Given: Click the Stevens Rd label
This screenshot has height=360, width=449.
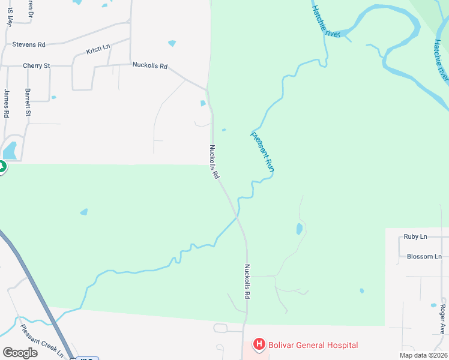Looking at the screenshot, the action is (29, 44).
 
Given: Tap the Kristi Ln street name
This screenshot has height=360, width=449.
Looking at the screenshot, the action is (98, 47).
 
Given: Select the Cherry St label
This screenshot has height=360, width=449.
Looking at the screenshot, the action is (36, 65).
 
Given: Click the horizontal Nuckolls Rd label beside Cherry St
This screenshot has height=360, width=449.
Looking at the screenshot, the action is (149, 65).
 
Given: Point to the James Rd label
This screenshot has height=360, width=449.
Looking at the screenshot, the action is (7, 103).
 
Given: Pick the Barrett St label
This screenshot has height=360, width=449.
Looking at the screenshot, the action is (28, 103).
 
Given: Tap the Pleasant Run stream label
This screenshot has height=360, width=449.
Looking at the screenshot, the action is (262, 152).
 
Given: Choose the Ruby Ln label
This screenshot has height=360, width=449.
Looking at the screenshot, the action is (415, 237).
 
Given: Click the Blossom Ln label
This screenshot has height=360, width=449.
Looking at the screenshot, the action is (424, 257).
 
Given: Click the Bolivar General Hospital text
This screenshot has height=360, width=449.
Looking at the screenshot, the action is (314, 345).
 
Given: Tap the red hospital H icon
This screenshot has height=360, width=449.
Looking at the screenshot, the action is (259, 344).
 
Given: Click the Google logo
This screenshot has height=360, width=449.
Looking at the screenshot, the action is (20, 353).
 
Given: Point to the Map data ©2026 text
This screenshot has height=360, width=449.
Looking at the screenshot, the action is (423, 355).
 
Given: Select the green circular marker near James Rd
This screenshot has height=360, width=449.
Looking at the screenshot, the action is (1, 167).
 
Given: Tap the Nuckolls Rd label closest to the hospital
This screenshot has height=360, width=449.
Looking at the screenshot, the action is (247, 282).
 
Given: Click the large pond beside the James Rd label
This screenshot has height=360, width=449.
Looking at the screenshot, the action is (10, 149).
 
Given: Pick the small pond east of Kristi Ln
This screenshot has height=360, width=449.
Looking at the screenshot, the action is (172, 43).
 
